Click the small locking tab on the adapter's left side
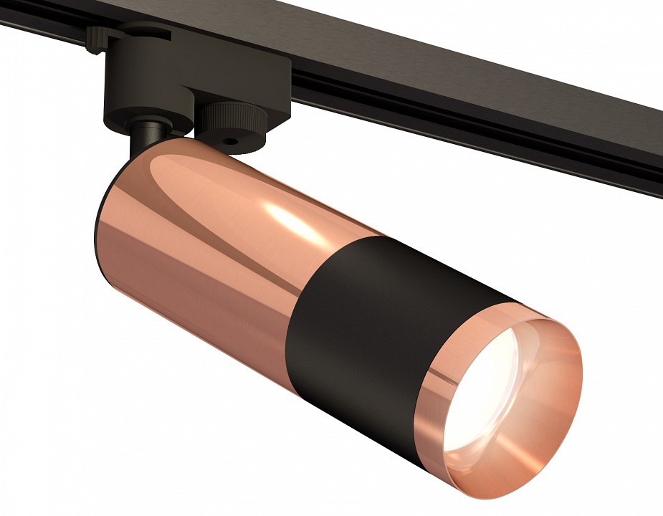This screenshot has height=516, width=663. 93,39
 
